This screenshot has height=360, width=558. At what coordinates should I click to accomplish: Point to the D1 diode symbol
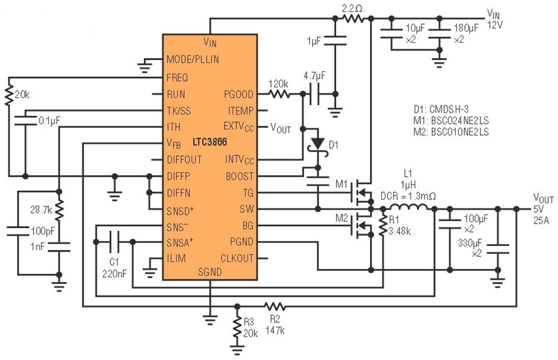pyautogui.click(x=317, y=144)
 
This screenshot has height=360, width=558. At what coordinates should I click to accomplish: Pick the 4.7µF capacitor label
pyautogui.click(x=315, y=76)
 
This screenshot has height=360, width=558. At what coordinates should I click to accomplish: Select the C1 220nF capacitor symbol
pyautogui.click(x=114, y=239)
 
